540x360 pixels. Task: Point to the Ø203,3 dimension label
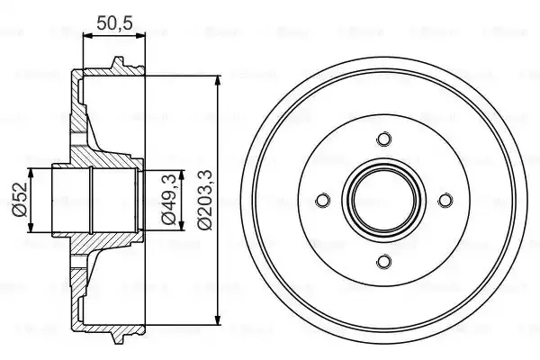click(x=206, y=200)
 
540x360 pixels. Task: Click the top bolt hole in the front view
click(x=383, y=139)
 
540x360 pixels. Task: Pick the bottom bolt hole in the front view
click(x=383, y=262)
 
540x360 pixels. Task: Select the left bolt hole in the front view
click(x=322, y=201)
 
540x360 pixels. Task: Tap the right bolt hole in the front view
click(x=445, y=201)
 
